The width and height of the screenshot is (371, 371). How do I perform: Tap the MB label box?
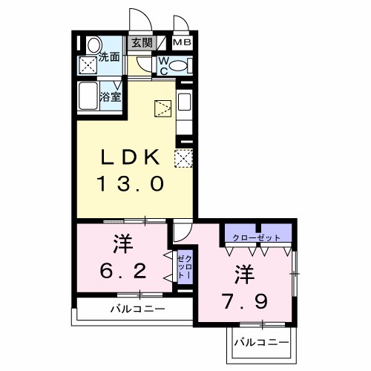183,42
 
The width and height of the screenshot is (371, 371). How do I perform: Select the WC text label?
162,66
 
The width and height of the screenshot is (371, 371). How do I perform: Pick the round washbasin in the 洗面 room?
92,45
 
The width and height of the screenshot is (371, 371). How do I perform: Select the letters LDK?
130,157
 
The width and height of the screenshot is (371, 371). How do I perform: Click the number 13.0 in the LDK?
130,183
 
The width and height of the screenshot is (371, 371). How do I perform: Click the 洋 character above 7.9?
244,272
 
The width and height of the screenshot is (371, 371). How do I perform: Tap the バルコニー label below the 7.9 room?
261,342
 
